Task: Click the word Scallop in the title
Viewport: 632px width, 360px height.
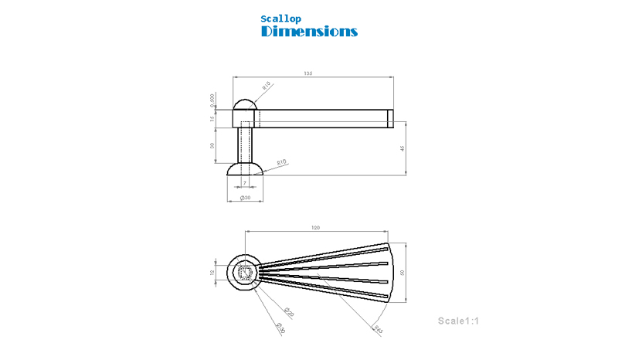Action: click(x=280, y=19)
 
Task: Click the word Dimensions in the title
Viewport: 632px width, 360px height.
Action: click(x=309, y=32)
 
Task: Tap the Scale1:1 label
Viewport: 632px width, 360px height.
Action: click(x=459, y=321)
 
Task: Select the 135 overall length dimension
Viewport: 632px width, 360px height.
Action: click(x=308, y=74)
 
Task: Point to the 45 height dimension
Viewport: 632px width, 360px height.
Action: click(x=403, y=148)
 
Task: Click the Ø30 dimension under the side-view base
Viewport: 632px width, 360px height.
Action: click(x=245, y=198)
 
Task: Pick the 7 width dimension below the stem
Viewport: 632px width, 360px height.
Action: click(x=245, y=183)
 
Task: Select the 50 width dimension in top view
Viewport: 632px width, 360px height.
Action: click(x=403, y=273)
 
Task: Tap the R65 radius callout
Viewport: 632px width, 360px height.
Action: click(x=378, y=329)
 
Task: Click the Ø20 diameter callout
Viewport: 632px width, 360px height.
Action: click(x=287, y=312)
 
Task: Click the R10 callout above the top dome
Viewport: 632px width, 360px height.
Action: click(x=267, y=86)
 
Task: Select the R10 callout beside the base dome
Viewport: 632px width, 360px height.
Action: click(x=282, y=161)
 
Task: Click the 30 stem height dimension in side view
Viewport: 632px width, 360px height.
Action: click(x=212, y=145)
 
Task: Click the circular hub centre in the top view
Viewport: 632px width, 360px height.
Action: click(x=245, y=273)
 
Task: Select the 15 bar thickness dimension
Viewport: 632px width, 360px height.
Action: click(x=212, y=118)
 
